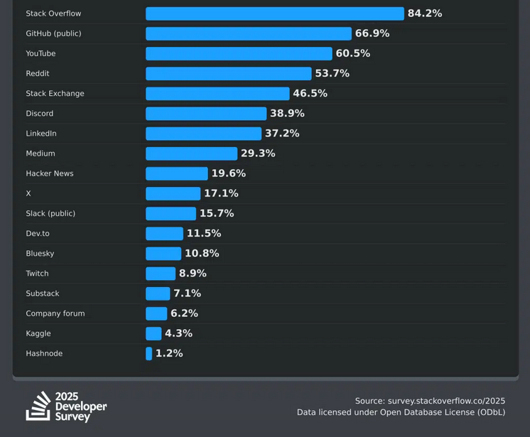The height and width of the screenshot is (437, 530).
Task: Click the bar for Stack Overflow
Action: [x=274, y=14]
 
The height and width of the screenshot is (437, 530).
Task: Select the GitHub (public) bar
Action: [x=249, y=33]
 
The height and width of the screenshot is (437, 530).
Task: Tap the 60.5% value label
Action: [x=352, y=53]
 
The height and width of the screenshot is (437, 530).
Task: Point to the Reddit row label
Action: [x=38, y=74]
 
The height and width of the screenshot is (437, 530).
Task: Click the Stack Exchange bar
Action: [x=217, y=94]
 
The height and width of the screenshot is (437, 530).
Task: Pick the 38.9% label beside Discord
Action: [x=287, y=114]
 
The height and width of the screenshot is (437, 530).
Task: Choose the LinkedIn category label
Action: [x=41, y=134]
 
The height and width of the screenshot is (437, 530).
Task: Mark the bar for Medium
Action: [x=191, y=153]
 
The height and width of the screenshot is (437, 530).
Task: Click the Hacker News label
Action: [x=50, y=173]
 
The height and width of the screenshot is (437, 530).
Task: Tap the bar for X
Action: [x=173, y=193]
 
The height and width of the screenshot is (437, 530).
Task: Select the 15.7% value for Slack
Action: [x=217, y=213]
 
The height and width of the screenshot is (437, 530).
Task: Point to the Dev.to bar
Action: [x=164, y=233]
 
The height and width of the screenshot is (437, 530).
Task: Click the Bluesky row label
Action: [x=40, y=254]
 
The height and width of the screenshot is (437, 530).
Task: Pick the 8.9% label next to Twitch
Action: [x=193, y=274]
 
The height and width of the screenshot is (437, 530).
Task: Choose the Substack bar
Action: [x=158, y=293]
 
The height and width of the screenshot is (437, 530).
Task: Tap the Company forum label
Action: [x=55, y=313]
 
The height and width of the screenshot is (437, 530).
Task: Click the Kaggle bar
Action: [x=153, y=333]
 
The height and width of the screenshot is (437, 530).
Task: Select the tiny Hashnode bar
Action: [x=149, y=353]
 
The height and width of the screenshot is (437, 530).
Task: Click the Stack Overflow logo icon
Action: [x=38, y=406]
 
